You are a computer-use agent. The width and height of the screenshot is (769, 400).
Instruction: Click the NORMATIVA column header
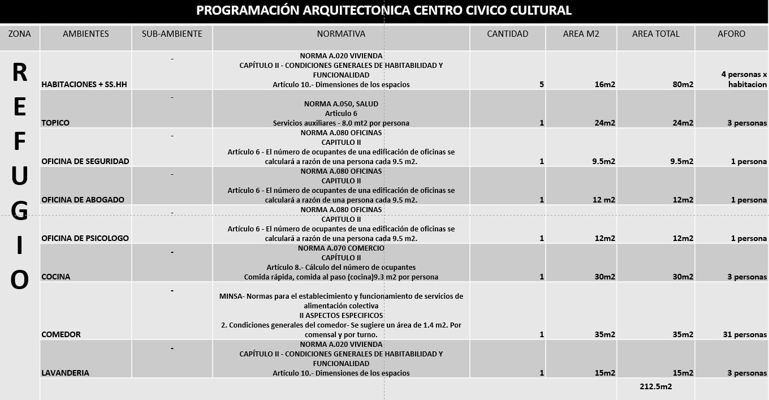pos(341,34)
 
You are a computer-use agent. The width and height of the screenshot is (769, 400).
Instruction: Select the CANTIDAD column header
pos(507,34)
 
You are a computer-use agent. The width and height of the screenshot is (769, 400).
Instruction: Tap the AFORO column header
pos(731,34)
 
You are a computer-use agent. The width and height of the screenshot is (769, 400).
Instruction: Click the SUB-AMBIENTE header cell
pos(172,34)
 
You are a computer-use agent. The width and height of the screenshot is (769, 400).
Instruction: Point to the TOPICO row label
pos(55,123)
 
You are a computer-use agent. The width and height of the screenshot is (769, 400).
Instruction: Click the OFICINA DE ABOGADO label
pos(83,200)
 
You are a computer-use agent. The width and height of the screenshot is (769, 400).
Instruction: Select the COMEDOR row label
pos(61,334)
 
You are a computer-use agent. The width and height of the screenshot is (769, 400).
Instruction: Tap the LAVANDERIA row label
pos(65,373)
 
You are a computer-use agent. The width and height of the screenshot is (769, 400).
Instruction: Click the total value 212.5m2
pos(655,386)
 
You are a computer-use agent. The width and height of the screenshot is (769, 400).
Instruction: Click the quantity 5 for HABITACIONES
pos(541,84)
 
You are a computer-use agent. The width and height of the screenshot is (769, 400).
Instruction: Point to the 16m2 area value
pos(604,84)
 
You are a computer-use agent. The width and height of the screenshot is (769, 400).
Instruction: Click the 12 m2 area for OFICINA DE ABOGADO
pos(603,200)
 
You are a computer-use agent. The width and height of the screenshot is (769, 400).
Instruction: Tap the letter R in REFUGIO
pos(19,72)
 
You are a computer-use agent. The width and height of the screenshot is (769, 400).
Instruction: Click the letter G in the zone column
pos(19,210)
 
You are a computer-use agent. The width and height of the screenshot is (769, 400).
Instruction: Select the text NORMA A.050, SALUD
pos(341,104)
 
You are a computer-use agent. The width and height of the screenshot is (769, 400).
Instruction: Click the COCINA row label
pos(55,277)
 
